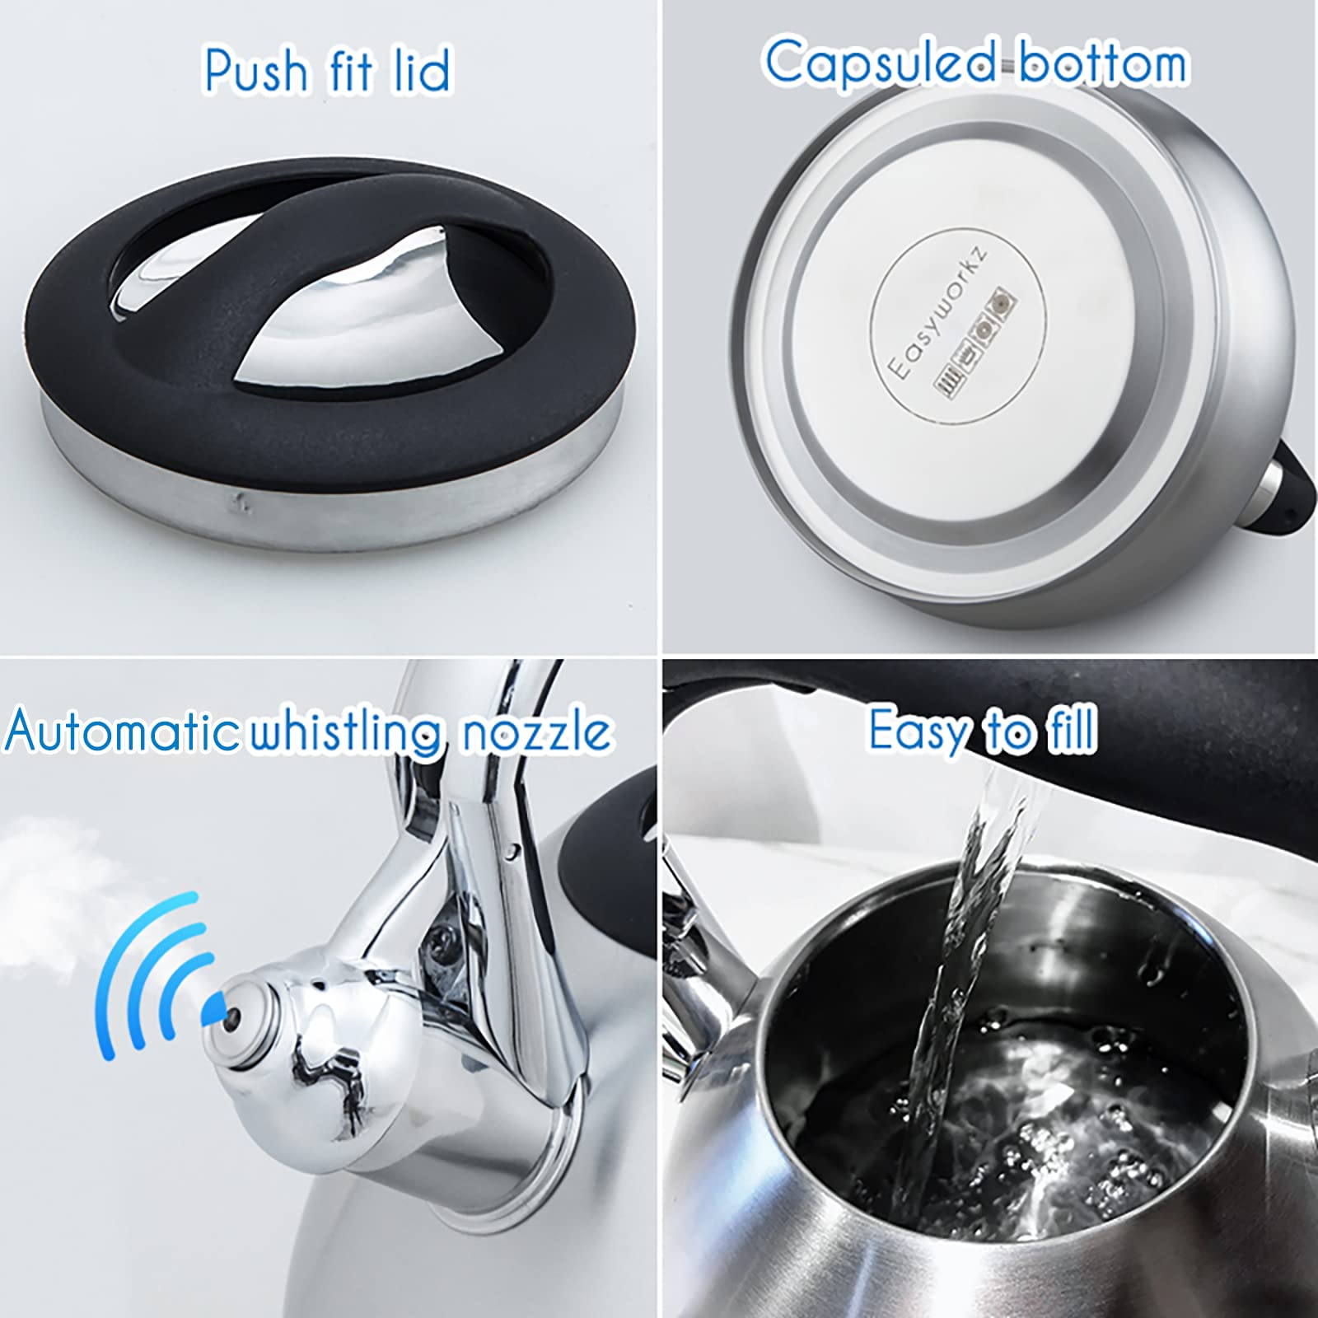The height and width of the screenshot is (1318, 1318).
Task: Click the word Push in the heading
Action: point(255,71)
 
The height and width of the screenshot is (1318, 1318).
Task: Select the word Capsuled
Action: point(880,63)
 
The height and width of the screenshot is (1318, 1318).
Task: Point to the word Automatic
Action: point(120,731)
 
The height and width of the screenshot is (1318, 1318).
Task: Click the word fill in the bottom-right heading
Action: point(1071,728)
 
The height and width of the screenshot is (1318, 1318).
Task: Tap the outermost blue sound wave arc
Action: point(124,972)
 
